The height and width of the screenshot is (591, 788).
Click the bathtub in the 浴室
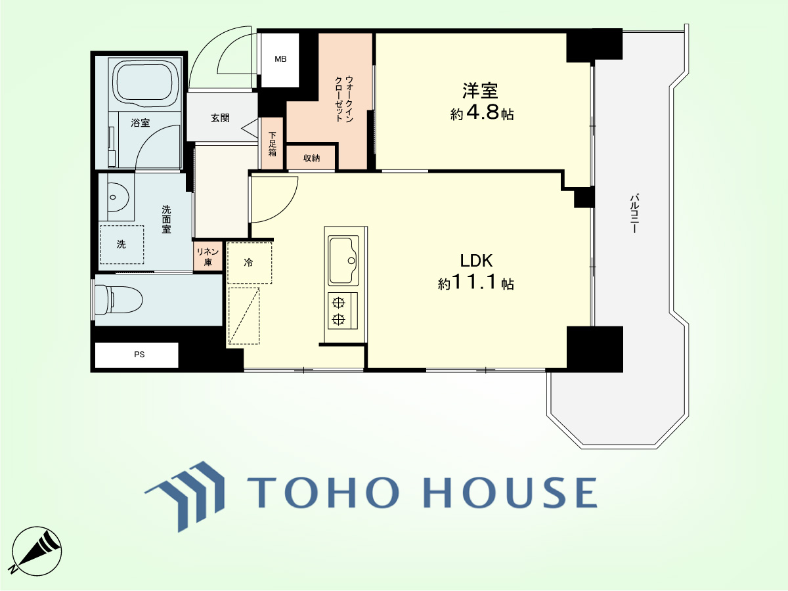pos(146,83)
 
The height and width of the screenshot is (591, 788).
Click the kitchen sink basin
pos(344,260)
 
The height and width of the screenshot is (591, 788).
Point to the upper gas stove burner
pos(338,303)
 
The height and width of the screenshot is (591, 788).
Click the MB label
pos(280,59)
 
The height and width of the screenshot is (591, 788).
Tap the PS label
pos(139,355)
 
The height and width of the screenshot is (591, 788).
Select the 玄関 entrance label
pos(220,118)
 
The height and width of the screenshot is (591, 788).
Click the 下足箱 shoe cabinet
pos(272,143)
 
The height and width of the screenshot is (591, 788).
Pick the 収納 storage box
pos(311,158)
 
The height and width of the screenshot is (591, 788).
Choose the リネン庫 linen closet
pos(208,257)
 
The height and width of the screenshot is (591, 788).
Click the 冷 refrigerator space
pos(249,263)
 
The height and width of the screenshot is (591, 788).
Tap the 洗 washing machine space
pos(121,245)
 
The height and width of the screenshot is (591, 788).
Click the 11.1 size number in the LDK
pos(475,282)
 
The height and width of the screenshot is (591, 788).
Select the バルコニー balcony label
pos(634,213)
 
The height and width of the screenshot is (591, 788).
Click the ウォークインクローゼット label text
pos(344,98)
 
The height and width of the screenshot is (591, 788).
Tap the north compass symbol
pos(36,551)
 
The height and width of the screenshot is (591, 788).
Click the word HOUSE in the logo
pos(510,492)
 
